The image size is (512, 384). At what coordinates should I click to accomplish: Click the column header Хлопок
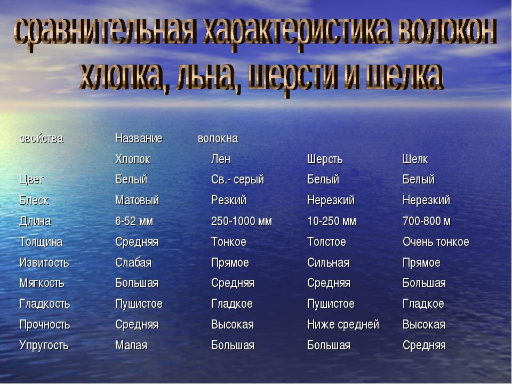point(132,159)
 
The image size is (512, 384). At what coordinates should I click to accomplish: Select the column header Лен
point(221,159)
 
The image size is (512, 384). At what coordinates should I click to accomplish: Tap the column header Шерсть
point(324,159)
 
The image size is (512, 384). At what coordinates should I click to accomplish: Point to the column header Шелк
point(415,159)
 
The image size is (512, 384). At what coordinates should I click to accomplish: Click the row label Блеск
point(34,201)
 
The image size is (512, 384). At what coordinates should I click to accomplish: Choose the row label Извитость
point(44,263)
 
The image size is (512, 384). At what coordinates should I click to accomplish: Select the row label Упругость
point(44,346)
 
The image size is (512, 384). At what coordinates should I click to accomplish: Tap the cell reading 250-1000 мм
point(241,221)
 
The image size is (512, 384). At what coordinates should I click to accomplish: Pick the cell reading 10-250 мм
point(331,221)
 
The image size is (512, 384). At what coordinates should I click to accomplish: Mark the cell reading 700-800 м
point(427,221)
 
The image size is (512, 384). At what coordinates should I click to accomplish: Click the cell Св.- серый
point(237,180)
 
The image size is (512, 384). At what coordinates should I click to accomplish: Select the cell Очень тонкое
point(436,242)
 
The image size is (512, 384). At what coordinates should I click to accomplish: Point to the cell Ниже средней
point(343,325)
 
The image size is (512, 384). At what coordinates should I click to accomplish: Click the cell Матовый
point(137,201)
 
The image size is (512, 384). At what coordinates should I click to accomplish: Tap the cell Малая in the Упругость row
point(131,346)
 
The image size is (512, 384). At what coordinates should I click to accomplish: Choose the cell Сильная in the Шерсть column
point(328,263)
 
